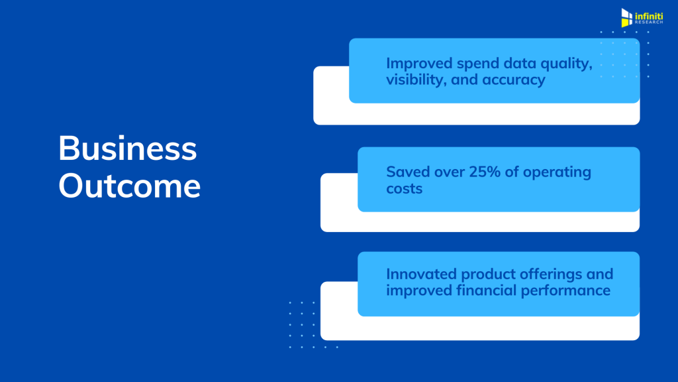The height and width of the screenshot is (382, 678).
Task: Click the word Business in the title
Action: tap(128, 148)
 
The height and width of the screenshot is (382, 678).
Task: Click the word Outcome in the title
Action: tap(130, 186)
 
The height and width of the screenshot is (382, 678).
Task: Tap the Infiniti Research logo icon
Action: tap(626, 18)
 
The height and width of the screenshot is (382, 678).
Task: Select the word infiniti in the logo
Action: tap(649, 16)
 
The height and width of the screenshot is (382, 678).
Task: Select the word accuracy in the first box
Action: tap(514, 80)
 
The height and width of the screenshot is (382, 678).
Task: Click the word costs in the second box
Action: tap(405, 189)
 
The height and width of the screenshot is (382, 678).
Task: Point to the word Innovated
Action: tap(421, 274)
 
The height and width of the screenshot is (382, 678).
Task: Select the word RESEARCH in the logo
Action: tap(649, 22)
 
